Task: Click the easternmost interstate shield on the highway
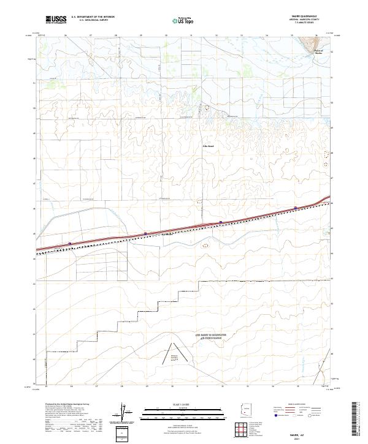[x=296, y=208]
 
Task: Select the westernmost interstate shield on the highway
[x=69, y=243]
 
